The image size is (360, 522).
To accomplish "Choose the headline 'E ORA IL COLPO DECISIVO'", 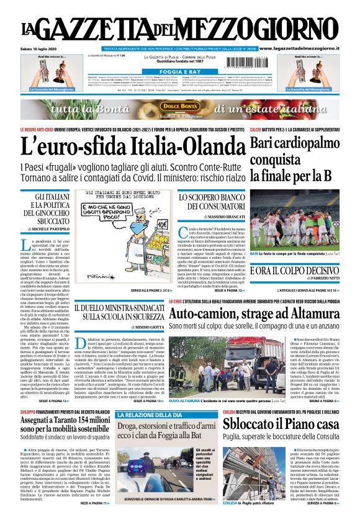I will tap(295, 272).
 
